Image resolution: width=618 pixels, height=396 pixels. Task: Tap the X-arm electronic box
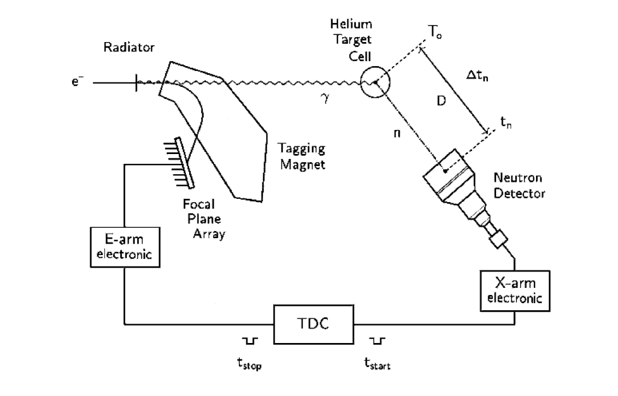[514, 291]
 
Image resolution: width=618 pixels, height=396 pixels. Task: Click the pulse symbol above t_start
[377, 341]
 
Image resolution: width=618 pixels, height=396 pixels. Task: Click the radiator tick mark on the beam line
[136, 83]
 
